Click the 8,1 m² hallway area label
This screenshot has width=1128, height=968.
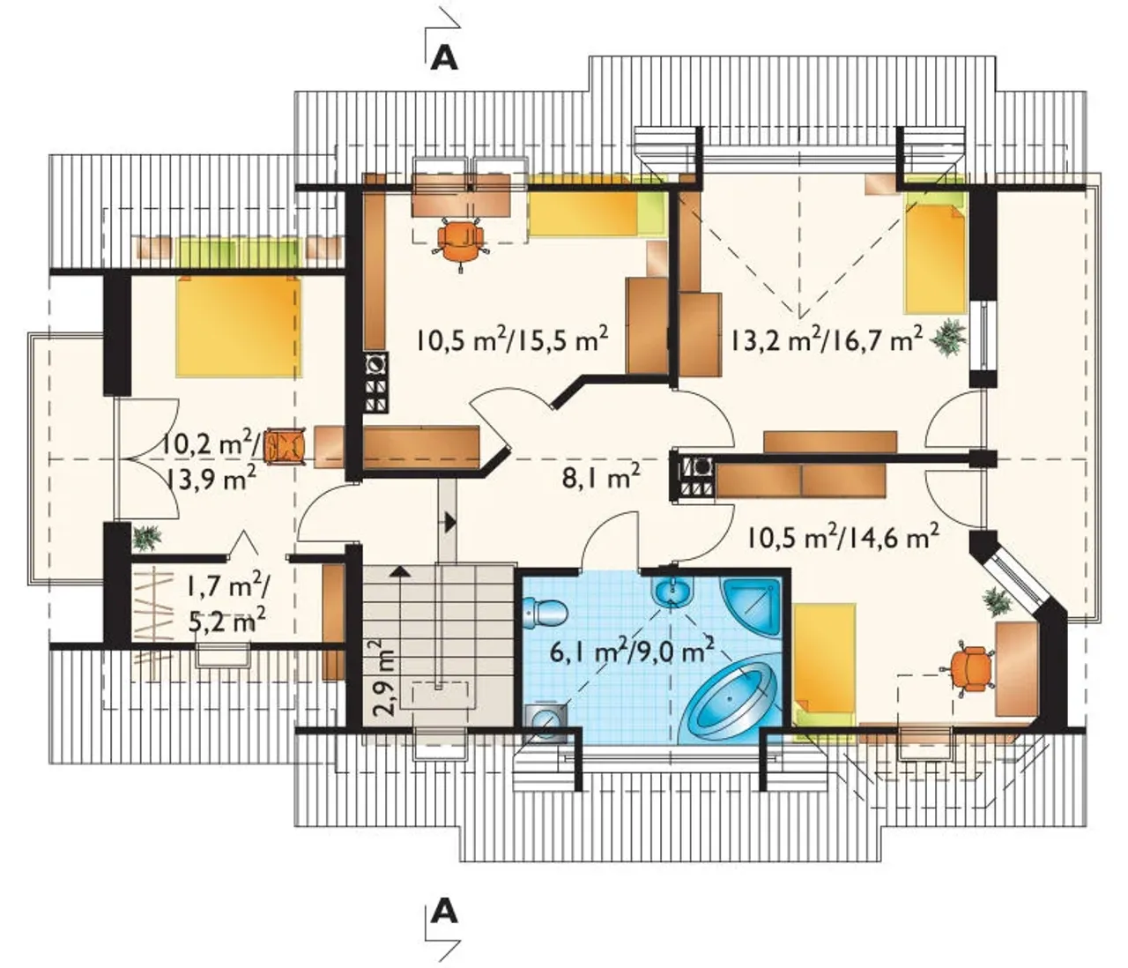tap(601, 479)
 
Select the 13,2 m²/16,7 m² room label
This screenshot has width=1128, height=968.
tap(827, 340)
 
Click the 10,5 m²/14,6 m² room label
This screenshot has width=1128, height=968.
tap(843, 539)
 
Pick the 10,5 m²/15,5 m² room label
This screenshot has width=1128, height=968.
tap(512, 340)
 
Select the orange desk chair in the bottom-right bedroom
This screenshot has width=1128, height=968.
tap(967, 669)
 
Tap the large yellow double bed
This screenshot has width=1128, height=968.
tap(239, 326)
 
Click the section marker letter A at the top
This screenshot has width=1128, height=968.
tap(444, 58)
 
